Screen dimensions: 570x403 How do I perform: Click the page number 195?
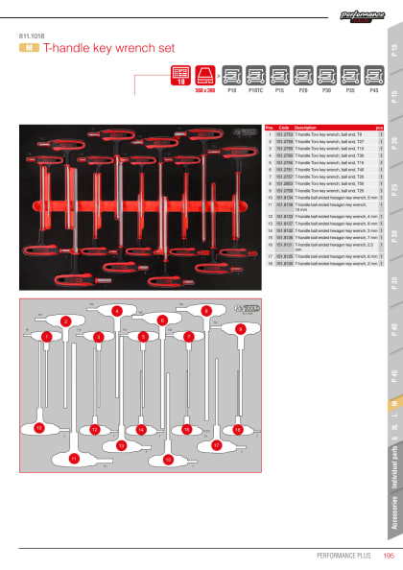[389, 554]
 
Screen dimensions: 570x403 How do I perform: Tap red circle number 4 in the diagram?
[116, 310]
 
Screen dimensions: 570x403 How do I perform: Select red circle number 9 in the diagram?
[240, 328]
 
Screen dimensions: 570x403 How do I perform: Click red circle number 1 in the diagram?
[45, 337]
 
